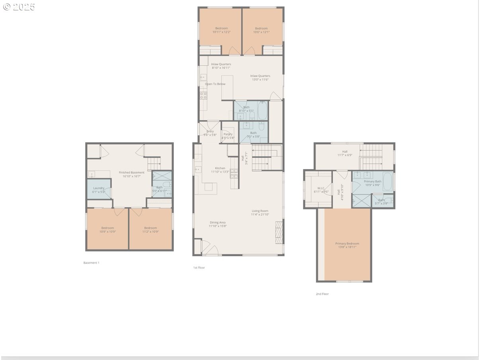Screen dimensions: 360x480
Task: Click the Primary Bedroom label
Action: pyautogui.click(x=347, y=243)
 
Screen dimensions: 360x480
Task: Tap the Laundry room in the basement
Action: pyautogui.click(x=99, y=189)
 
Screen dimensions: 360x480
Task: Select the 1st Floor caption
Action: pyautogui.click(x=199, y=268)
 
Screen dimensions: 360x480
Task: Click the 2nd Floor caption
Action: pyautogui.click(x=322, y=294)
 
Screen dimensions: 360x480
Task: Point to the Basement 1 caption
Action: pyautogui.click(x=91, y=263)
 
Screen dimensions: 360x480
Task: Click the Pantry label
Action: pyautogui.click(x=228, y=134)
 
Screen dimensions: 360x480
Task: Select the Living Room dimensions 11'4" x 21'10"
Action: pyautogui.click(x=260, y=215)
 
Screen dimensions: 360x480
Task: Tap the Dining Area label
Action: pyautogui.click(x=217, y=222)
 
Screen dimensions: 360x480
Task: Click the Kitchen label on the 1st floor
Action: pyautogui.click(x=220, y=168)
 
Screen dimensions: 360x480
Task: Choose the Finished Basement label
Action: pyautogui.click(x=131, y=172)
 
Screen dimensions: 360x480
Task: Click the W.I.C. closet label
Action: pyautogui.click(x=322, y=188)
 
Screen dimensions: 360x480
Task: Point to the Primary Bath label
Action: pyautogui.click(x=372, y=181)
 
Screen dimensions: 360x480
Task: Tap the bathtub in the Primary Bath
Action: pyautogui.click(x=388, y=181)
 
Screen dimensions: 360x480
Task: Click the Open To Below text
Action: pyautogui.click(x=215, y=84)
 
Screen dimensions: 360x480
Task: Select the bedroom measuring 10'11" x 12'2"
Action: pyautogui.click(x=221, y=30)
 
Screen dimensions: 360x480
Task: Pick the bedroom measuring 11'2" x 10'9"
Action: pyautogui.click(x=150, y=230)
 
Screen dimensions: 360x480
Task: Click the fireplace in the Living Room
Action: pyautogui.click(x=279, y=232)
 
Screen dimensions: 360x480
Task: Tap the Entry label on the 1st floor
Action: pyautogui.click(x=210, y=131)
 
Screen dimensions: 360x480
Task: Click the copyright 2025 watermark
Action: pyautogui.click(x=19, y=7)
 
